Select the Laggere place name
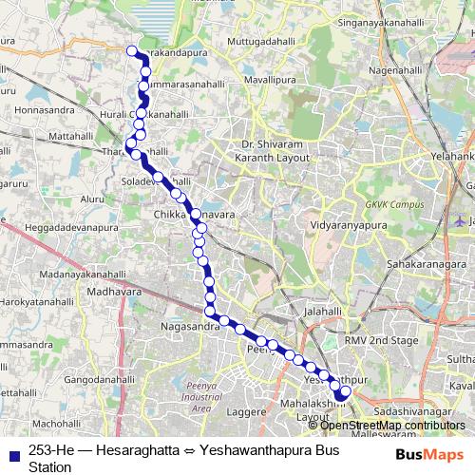[x=246, y=413]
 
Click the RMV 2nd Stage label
[x=382, y=339]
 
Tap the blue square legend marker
[x=15, y=453]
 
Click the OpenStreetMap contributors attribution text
[x=393, y=425]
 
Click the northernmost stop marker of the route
[x=131, y=51]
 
